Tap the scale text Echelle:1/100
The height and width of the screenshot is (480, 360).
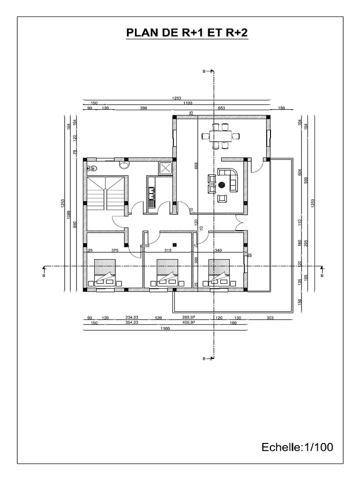[296, 447]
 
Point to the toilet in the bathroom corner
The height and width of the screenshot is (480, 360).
[92, 167]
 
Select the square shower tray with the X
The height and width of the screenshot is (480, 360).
[166, 168]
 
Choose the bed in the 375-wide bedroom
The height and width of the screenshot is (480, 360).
[106, 274]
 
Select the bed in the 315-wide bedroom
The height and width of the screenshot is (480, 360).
[166, 274]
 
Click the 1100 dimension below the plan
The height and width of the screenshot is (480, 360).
[164, 329]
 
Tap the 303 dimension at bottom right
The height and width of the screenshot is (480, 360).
[270, 317]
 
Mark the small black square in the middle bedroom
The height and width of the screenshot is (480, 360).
[174, 244]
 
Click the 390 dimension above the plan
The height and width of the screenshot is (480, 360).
[143, 108]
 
